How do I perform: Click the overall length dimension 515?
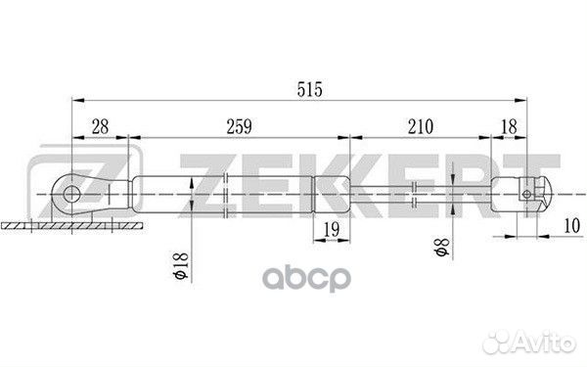click(x=310, y=89)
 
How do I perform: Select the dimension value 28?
click(x=100, y=125)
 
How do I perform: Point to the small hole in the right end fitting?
click(x=527, y=193)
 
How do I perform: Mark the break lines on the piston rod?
click(x=419, y=193)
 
